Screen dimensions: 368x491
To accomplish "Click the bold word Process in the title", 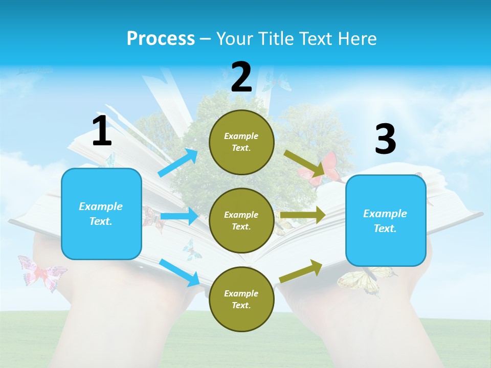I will (x=161, y=38).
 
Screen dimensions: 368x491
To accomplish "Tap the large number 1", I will (x=102, y=131).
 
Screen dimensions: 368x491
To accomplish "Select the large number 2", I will (x=241, y=77).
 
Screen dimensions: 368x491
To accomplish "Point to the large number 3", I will (x=385, y=140).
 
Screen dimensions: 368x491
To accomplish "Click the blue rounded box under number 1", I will (x=101, y=214).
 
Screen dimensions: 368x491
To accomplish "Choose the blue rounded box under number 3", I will (x=385, y=220).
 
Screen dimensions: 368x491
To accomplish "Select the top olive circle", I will (x=241, y=142).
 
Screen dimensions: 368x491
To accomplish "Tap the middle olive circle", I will (x=241, y=220).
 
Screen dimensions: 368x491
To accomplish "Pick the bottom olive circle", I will (x=241, y=299).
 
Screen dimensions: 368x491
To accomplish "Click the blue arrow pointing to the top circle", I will (x=178, y=163).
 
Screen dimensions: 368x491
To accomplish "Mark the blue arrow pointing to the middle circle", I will (x=179, y=216).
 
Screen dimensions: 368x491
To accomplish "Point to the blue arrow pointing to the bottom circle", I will (x=180, y=272).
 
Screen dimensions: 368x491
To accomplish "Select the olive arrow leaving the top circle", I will (x=305, y=163).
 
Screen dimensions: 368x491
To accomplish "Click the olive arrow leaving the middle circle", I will (x=303, y=215).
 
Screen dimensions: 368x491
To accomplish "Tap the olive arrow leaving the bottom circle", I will (x=301, y=271).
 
